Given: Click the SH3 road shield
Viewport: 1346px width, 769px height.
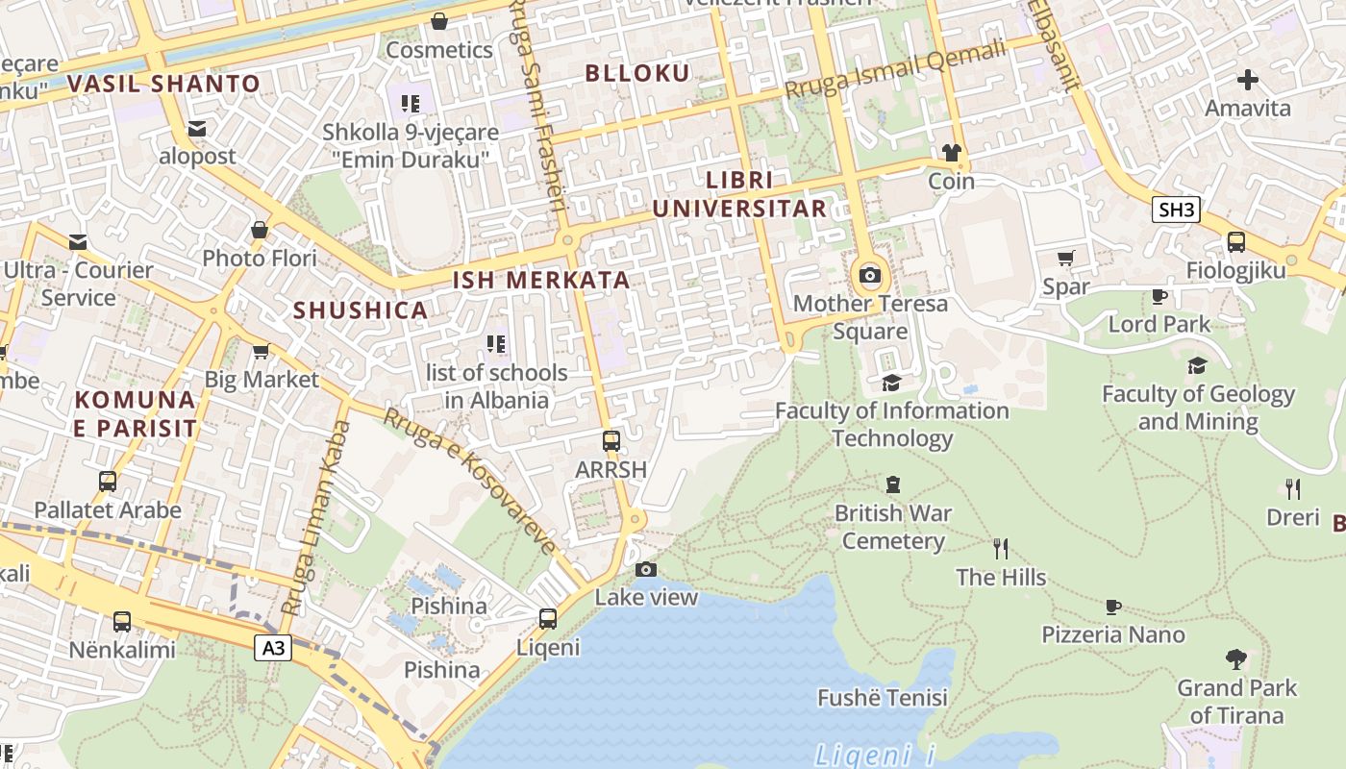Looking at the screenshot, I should (1176, 210).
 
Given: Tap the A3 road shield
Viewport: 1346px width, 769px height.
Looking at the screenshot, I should (274, 649).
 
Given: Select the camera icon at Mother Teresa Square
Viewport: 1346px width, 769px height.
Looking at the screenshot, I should (870, 276).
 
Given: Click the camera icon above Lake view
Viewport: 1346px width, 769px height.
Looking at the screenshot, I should (646, 569).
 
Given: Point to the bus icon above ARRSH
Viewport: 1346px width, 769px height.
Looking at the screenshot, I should (611, 441).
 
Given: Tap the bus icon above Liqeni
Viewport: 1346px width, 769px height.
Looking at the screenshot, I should (548, 619).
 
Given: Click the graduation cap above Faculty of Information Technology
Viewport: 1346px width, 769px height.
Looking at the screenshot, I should (892, 383).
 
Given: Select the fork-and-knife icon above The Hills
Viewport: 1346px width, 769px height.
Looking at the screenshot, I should (1001, 549).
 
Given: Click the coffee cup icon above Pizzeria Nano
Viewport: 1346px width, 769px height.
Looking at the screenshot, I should (1113, 607).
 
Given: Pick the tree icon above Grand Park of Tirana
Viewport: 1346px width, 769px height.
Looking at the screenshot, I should (1236, 659).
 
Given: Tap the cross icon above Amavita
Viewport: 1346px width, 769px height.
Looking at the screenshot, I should (1248, 80).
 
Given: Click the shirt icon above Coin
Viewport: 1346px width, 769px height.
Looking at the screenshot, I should (951, 153).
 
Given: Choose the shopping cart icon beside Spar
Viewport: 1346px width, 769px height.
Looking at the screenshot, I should (1065, 258).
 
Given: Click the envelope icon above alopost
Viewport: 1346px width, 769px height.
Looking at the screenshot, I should (197, 129).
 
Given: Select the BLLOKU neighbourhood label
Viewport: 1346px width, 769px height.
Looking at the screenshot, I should (637, 73).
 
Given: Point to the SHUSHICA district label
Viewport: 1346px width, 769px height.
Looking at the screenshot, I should (361, 310).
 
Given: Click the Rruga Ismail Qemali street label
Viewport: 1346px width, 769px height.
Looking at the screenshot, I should (895, 68).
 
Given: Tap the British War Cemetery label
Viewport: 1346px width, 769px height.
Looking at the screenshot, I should (893, 527).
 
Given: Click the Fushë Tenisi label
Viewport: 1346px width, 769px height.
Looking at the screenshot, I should (883, 698).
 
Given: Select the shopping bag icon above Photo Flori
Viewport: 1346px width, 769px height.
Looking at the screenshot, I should (260, 230).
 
